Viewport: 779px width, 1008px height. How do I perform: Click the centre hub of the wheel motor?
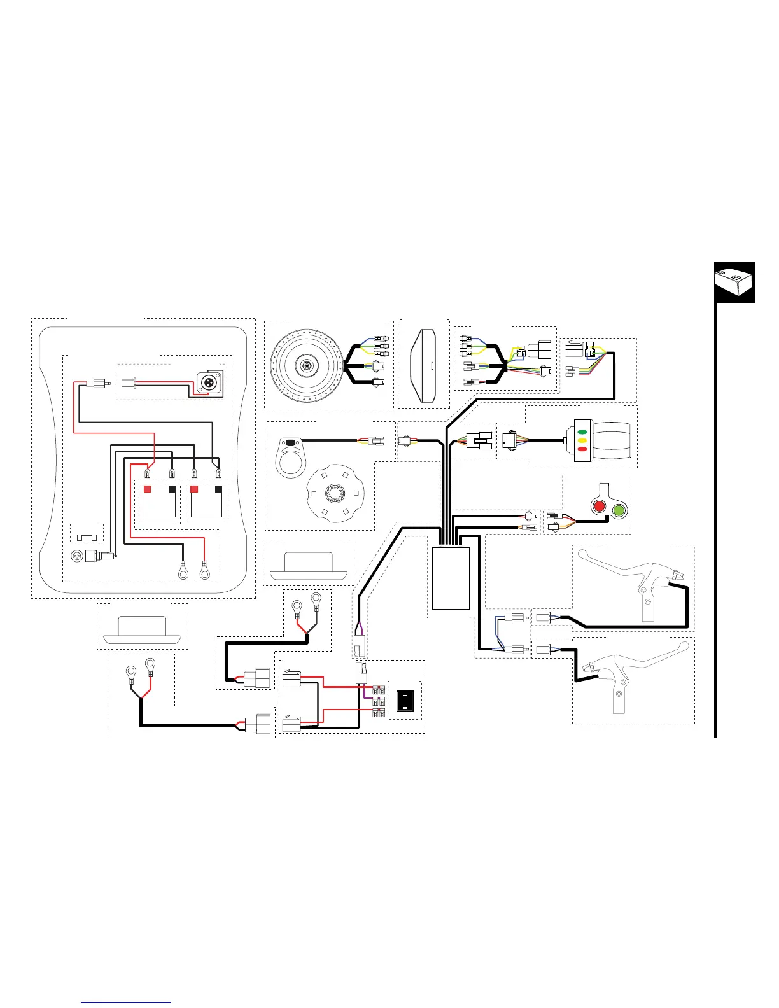pyautogui.click(x=307, y=365)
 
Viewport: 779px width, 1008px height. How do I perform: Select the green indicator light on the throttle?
pyautogui.click(x=582, y=432)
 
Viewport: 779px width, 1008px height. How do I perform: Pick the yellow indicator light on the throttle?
pyautogui.click(x=582, y=440)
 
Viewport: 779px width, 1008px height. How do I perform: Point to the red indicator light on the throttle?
pyautogui.click(x=582, y=449)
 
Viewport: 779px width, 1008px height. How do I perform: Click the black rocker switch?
pyautogui.click(x=405, y=701)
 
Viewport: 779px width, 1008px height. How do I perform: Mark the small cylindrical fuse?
pyautogui.click(x=87, y=537)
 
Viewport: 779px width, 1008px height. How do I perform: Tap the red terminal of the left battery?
pyautogui.click(x=148, y=489)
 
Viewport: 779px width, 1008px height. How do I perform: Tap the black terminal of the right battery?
pyautogui.click(x=218, y=489)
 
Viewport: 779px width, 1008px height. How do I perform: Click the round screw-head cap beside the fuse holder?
pyautogui.click(x=77, y=556)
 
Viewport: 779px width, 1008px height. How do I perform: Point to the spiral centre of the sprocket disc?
pyautogui.click(x=335, y=493)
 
